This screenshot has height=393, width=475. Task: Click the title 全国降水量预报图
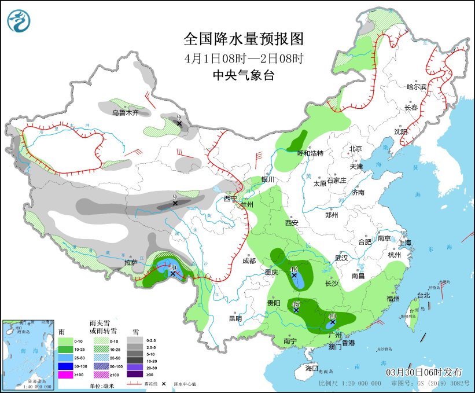tap(243, 39)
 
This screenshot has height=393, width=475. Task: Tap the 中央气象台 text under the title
tap(243, 75)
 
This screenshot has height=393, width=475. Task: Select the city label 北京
tap(355, 149)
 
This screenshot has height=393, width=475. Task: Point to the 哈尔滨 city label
tap(416, 87)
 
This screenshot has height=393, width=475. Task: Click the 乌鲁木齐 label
tap(126, 113)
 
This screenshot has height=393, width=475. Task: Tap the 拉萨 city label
tap(131, 262)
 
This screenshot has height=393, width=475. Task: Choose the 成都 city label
tap(249, 260)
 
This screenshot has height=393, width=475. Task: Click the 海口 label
tap(312, 368)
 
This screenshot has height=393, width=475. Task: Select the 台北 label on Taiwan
tap(424, 295)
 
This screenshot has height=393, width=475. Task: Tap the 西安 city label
tap(292, 223)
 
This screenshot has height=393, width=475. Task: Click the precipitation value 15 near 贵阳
tap(296, 304)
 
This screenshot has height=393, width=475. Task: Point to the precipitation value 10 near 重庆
tap(294, 269)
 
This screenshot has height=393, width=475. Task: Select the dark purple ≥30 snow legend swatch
tap(139, 375)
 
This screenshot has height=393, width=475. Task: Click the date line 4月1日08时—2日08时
tap(243, 58)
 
